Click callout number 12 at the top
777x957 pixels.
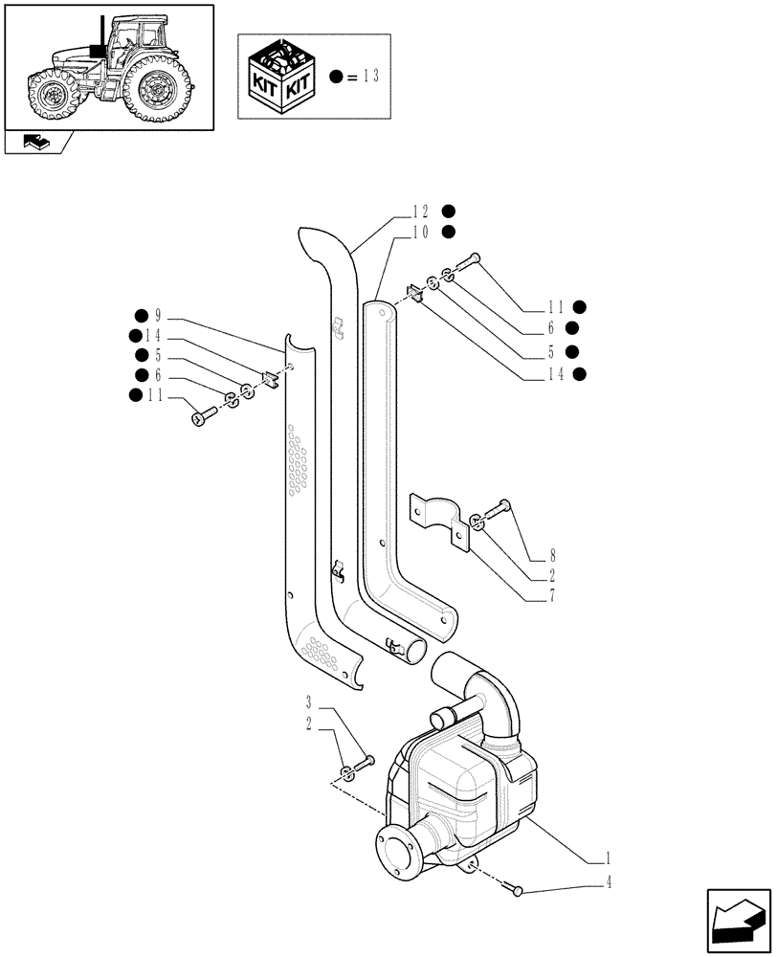[x=420, y=212]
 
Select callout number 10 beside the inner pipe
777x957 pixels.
[x=420, y=232]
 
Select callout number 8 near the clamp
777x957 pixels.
[x=553, y=555]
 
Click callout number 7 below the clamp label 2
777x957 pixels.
[x=553, y=597]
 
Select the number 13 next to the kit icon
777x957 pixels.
[x=371, y=77]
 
